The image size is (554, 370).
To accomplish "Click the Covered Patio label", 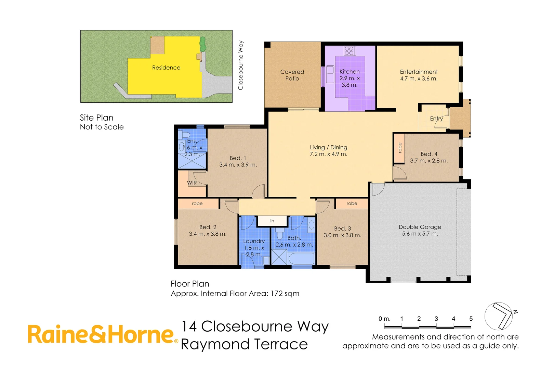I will pos(292,75).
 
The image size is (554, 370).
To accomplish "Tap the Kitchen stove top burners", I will pos(349,51).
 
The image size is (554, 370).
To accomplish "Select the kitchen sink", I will pos(330,74).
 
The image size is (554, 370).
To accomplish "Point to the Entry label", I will pos(436,119).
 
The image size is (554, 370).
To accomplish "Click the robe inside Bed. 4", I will pos(399,148).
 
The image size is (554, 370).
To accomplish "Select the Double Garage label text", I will pos(420,227).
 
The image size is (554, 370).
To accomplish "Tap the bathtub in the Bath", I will pos(301,258).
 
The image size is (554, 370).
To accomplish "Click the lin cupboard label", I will pos(272,221).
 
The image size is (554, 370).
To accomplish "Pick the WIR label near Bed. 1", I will pos(192,183).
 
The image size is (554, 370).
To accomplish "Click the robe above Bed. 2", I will pos(197,203).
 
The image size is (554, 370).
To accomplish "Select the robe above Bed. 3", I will pos(352,203).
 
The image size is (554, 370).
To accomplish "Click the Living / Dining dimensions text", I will pos(328,154).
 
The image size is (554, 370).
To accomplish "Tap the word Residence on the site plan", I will pos(166,67).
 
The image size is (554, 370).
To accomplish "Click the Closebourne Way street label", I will pos(241,65).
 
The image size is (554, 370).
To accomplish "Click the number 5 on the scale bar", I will pos(471,319).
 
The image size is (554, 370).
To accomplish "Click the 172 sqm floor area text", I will pos(285,294).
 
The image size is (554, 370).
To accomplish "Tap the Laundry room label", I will pos(254,241).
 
